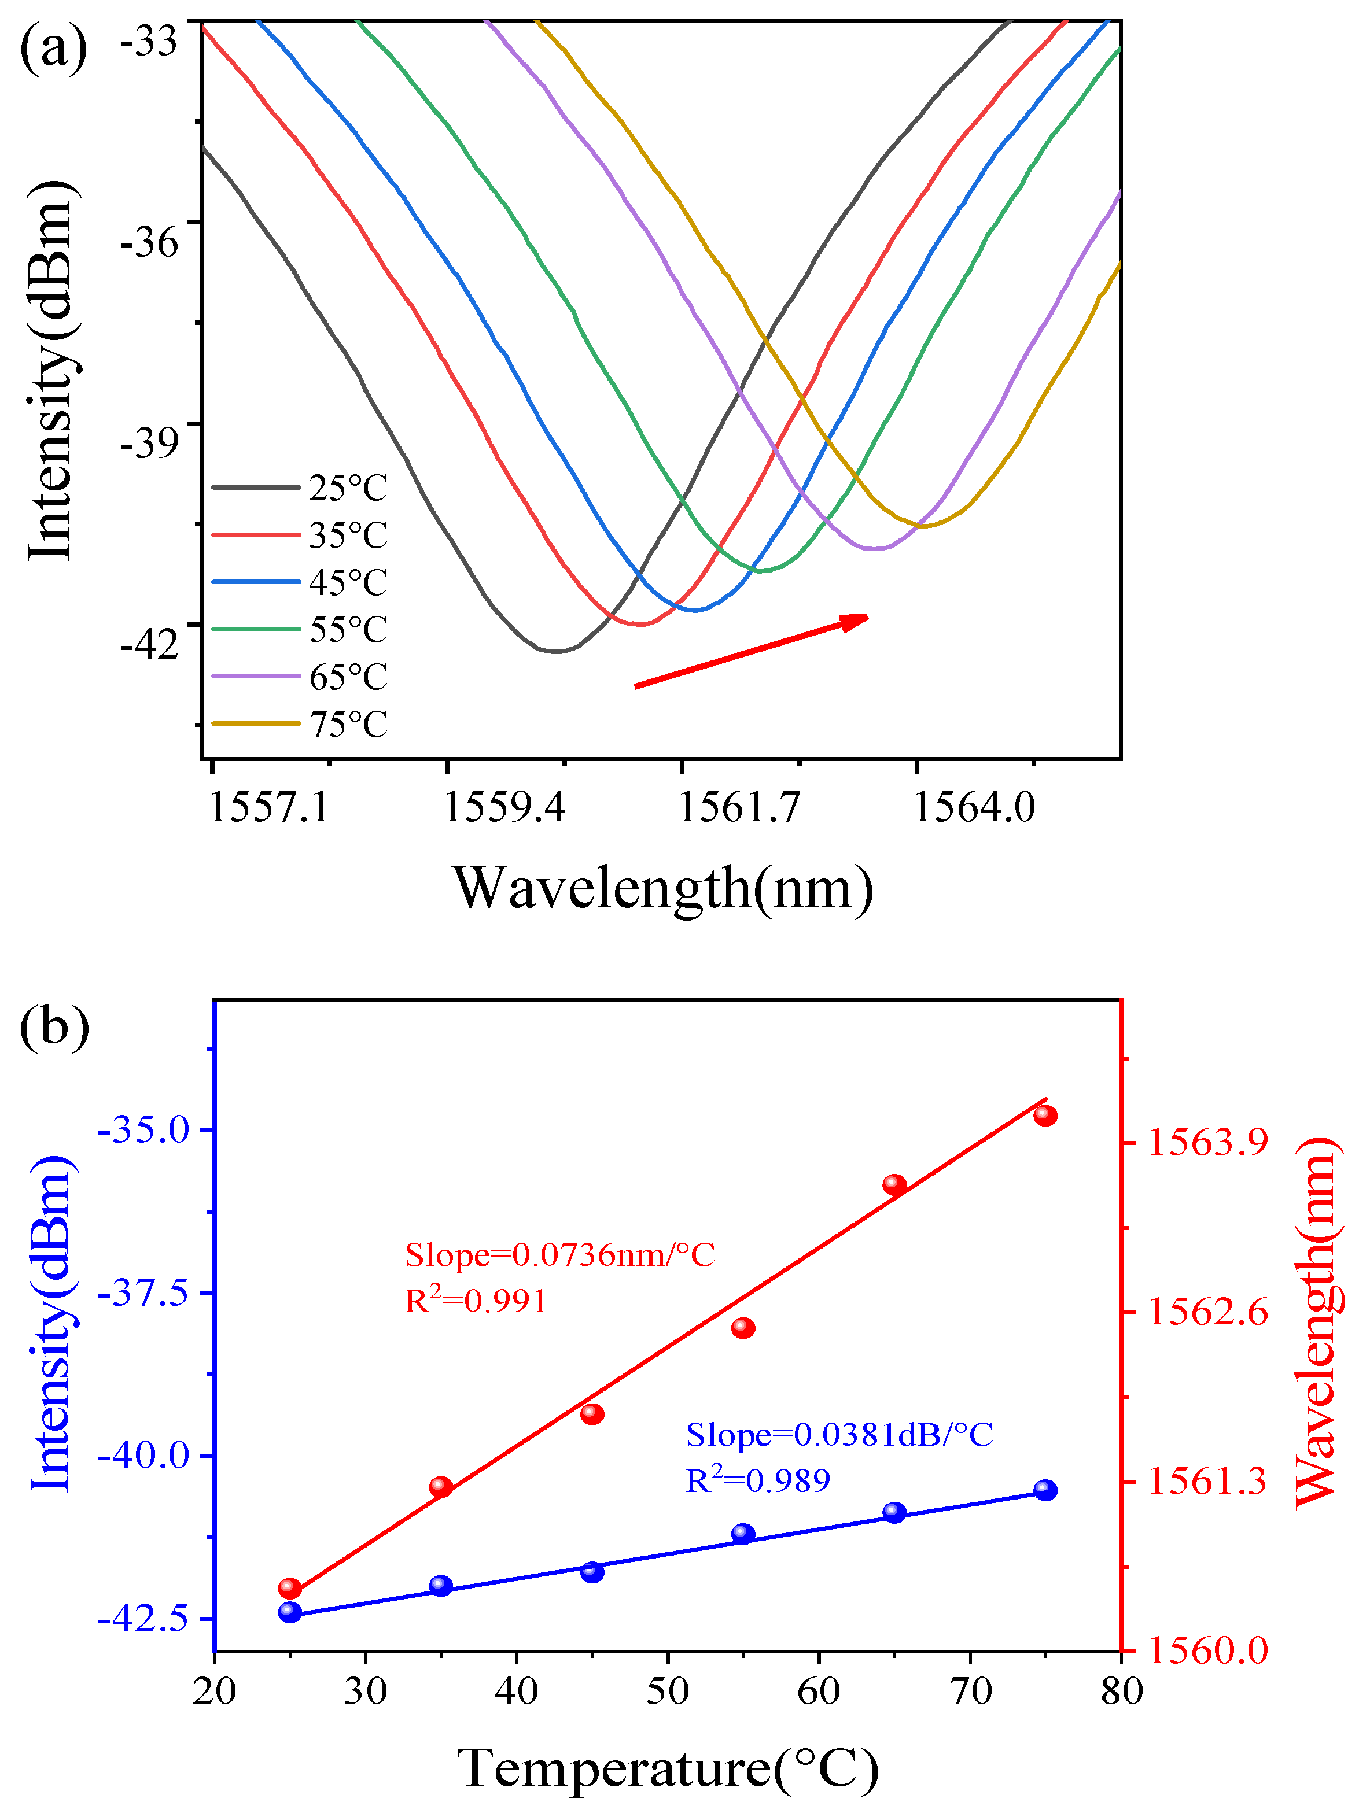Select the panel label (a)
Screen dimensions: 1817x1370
coord(53,47)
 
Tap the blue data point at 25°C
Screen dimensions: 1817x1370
coord(290,1612)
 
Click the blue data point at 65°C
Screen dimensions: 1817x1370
coord(894,1513)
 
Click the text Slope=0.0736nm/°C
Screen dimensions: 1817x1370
coord(559,1255)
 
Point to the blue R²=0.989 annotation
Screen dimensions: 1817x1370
coord(758,1481)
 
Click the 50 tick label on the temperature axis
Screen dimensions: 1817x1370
coord(667,1692)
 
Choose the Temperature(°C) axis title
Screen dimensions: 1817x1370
coord(667,1768)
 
